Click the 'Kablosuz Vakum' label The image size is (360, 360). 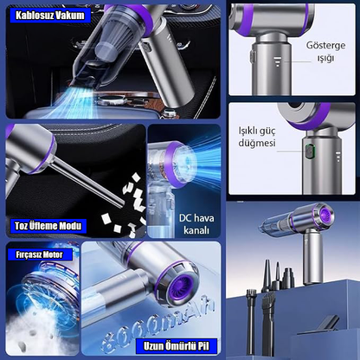click(x=50, y=16)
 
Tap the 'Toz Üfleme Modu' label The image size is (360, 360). click(x=48, y=226)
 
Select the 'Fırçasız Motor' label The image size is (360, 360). click(x=39, y=254)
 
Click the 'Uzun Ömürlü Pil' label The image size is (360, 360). click(x=176, y=346)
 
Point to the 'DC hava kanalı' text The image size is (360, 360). click(x=196, y=224)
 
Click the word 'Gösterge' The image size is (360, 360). click(x=325, y=46)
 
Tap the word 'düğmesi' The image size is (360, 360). click(x=257, y=143)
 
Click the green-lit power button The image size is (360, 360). click(x=310, y=151)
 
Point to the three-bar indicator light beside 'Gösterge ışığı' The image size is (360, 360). click(x=278, y=61)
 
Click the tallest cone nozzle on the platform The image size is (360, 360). click(x=267, y=275)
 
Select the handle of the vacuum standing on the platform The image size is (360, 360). click(x=313, y=258)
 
